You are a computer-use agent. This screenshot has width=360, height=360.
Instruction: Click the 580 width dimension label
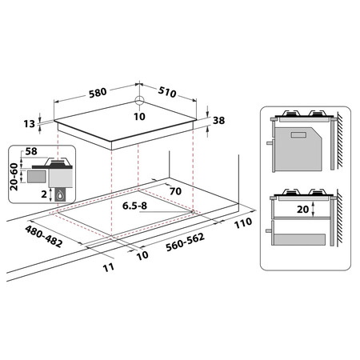[x=98, y=93]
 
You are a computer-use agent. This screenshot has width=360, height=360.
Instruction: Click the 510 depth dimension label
[x=167, y=92]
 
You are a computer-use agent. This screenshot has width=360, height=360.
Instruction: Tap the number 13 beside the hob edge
[x=30, y=124]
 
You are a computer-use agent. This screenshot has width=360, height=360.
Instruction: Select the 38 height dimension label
[x=218, y=121]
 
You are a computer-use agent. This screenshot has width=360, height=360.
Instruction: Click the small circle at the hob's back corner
[x=139, y=101]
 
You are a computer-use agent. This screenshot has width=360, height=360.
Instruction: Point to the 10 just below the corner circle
[x=139, y=117]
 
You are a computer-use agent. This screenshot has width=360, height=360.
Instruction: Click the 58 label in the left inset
[x=31, y=151]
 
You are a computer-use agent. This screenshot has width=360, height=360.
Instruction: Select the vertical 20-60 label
[x=14, y=177]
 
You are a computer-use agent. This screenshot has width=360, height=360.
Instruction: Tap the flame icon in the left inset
[x=60, y=194]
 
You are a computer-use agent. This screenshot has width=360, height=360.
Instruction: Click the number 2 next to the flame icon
[x=44, y=194]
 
